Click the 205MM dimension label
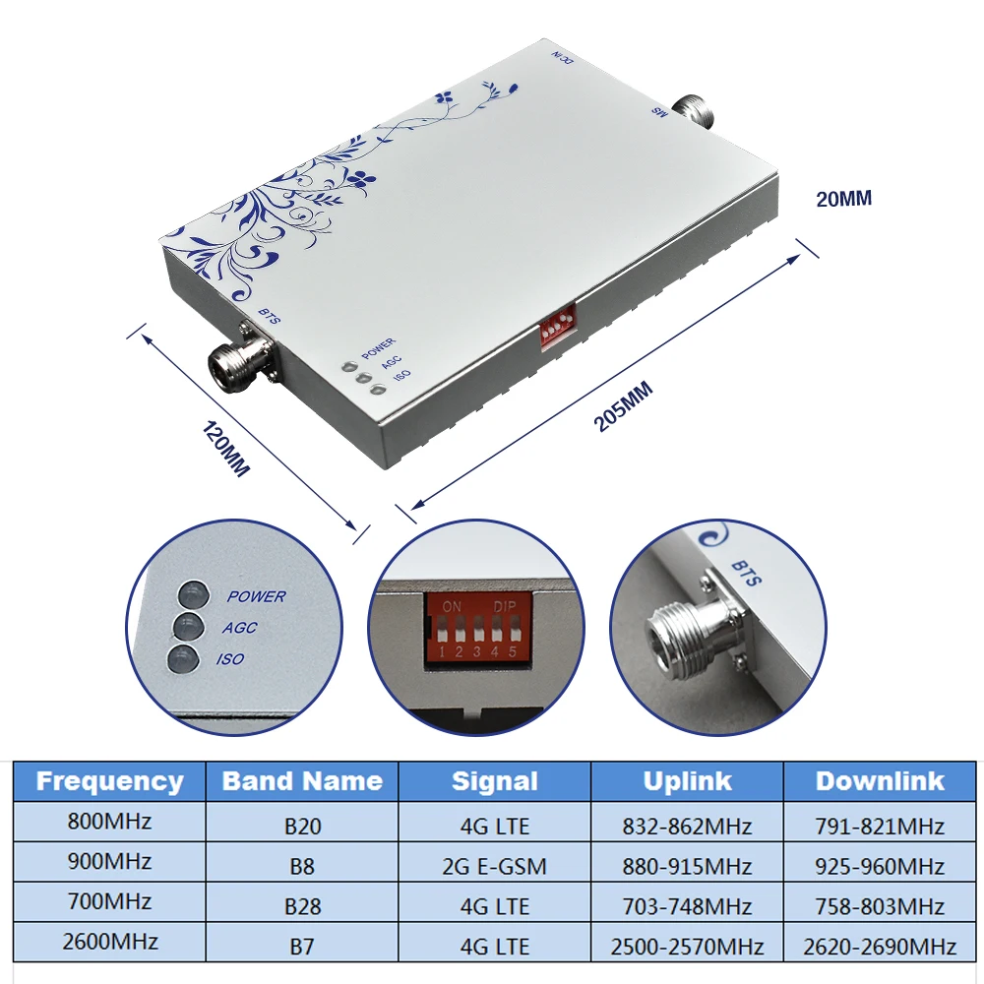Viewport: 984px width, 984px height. [x=624, y=406]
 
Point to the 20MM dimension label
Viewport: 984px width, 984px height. [x=843, y=198]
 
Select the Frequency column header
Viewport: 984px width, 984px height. [x=109, y=782]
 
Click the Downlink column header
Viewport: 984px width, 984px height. [x=880, y=781]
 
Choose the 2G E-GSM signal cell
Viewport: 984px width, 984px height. [x=495, y=866]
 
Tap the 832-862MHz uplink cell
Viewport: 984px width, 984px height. [x=687, y=826]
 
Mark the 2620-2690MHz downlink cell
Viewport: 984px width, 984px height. [x=880, y=947]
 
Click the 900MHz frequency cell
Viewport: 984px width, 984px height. [x=109, y=862]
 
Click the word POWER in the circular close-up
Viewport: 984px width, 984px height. [x=256, y=596]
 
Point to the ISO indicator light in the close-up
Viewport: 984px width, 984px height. [x=183, y=659]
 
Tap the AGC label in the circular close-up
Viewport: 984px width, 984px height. [x=240, y=628]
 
